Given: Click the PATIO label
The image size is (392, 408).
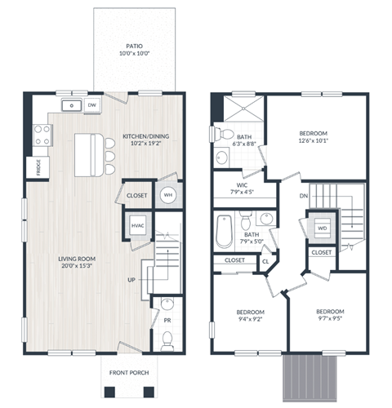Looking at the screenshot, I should click(136, 47).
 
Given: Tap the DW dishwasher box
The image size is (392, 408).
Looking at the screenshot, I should click(91, 104).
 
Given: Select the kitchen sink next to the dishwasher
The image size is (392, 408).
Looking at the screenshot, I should click(71, 104).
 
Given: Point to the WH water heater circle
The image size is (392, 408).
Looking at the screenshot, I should click(167, 194).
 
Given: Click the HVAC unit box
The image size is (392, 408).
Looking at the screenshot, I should click(137, 225).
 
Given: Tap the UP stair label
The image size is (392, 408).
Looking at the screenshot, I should click(131, 279).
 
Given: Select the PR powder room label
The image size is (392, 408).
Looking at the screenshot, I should click(167, 322).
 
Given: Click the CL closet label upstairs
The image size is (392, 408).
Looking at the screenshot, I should click(266, 261).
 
